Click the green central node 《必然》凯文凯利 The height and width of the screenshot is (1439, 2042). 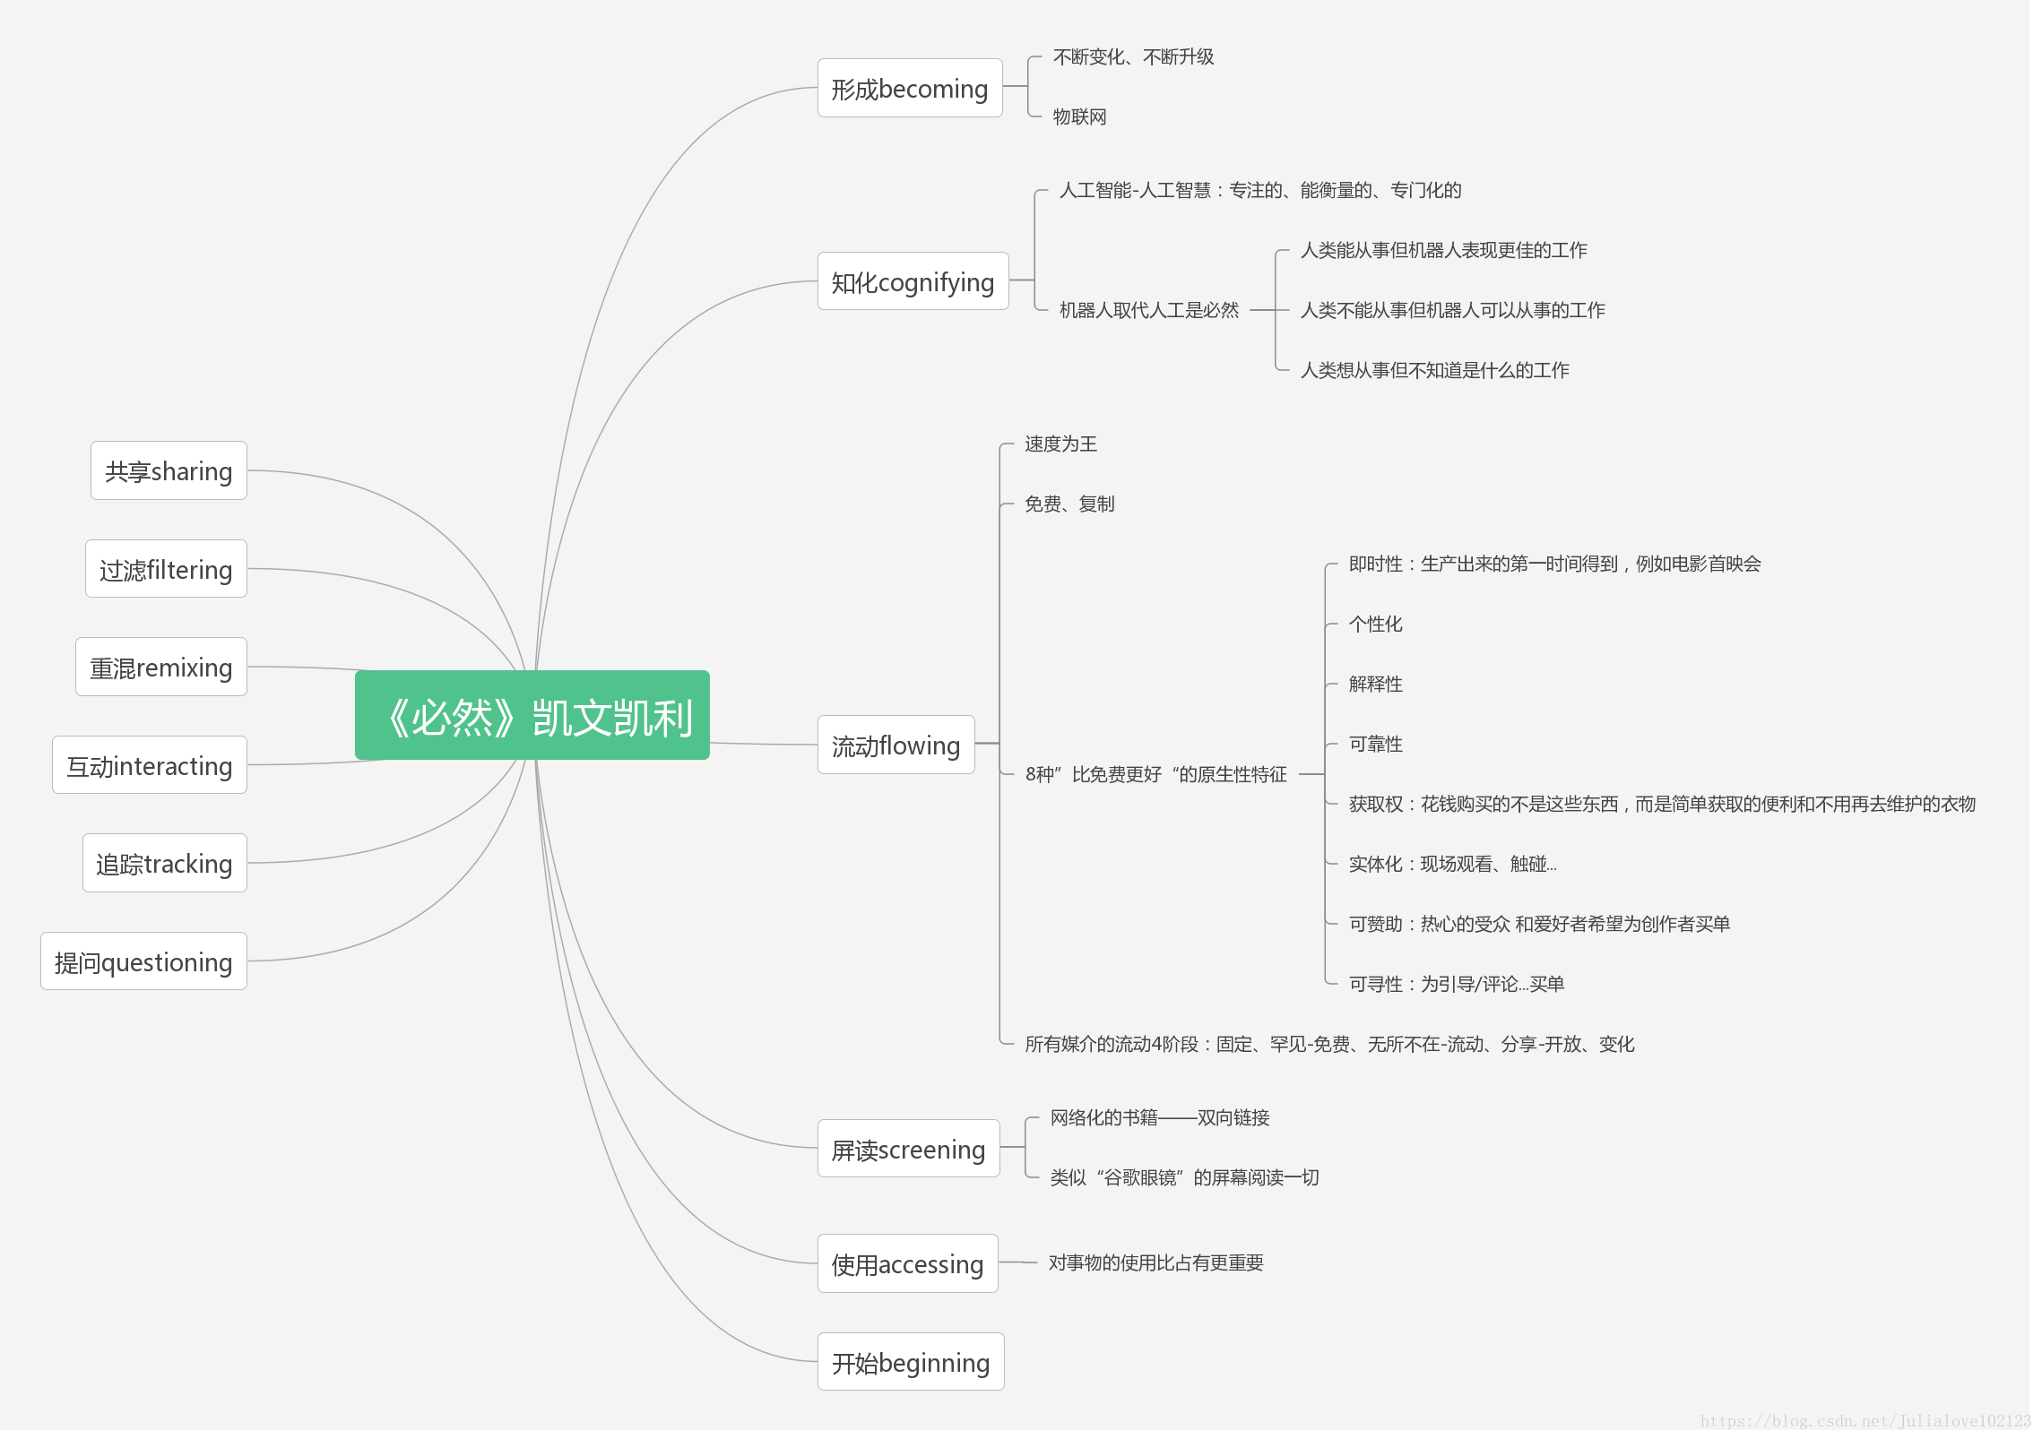tap(532, 715)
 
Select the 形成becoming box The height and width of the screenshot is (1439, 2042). tap(909, 88)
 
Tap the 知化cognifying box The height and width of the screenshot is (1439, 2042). tap(913, 281)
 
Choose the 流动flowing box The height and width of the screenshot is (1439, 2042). tap(896, 745)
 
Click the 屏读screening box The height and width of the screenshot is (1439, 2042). tap(908, 1149)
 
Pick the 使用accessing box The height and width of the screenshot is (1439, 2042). tap(907, 1263)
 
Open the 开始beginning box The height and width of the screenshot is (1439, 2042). tap(910, 1362)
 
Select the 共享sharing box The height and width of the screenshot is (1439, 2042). tap(169, 470)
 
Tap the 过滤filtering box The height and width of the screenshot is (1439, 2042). tap(166, 569)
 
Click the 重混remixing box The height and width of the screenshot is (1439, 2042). tap(161, 667)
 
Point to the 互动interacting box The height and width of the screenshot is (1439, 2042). tap(150, 765)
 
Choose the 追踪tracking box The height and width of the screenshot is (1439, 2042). tap(164, 863)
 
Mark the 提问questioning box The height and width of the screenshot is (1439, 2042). tap(143, 961)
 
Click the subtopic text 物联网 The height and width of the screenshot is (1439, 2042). tap(1079, 116)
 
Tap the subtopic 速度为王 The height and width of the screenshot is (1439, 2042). tap(1060, 444)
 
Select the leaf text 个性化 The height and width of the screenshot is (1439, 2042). tap(1375, 624)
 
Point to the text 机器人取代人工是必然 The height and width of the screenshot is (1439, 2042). tap(1148, 310)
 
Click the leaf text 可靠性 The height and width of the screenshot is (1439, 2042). tap(1375, 744)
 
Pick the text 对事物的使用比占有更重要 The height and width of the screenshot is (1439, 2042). tap(1155, 1262)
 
